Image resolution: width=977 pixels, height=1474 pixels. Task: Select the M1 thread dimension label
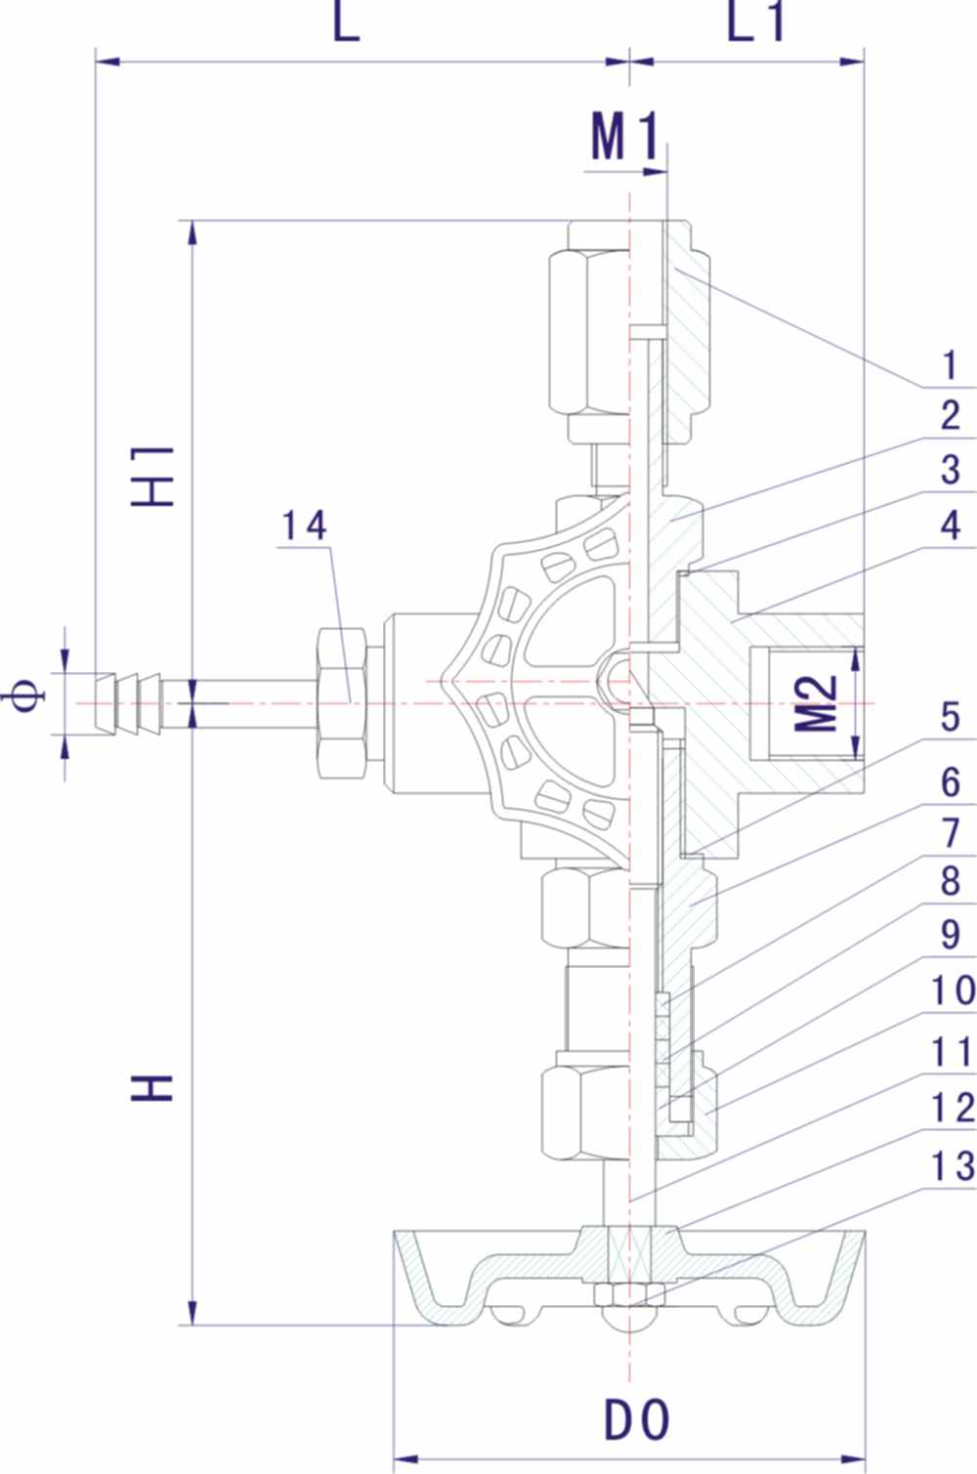click(624, 137)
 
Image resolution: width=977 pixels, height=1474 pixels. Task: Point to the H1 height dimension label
click(154, 477)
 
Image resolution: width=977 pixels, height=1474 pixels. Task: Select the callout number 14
click(305, 526)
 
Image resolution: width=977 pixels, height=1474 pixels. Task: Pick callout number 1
click(949, 366)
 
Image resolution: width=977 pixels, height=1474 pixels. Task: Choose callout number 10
click(952, 991)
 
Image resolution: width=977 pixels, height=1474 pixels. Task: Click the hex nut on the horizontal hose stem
click(341, 703)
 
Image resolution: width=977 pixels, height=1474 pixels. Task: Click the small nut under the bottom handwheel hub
click(629, 1293)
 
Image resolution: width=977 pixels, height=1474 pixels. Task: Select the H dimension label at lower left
click(154, 1087)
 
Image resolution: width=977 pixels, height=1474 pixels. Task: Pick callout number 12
click(952, 1109)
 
